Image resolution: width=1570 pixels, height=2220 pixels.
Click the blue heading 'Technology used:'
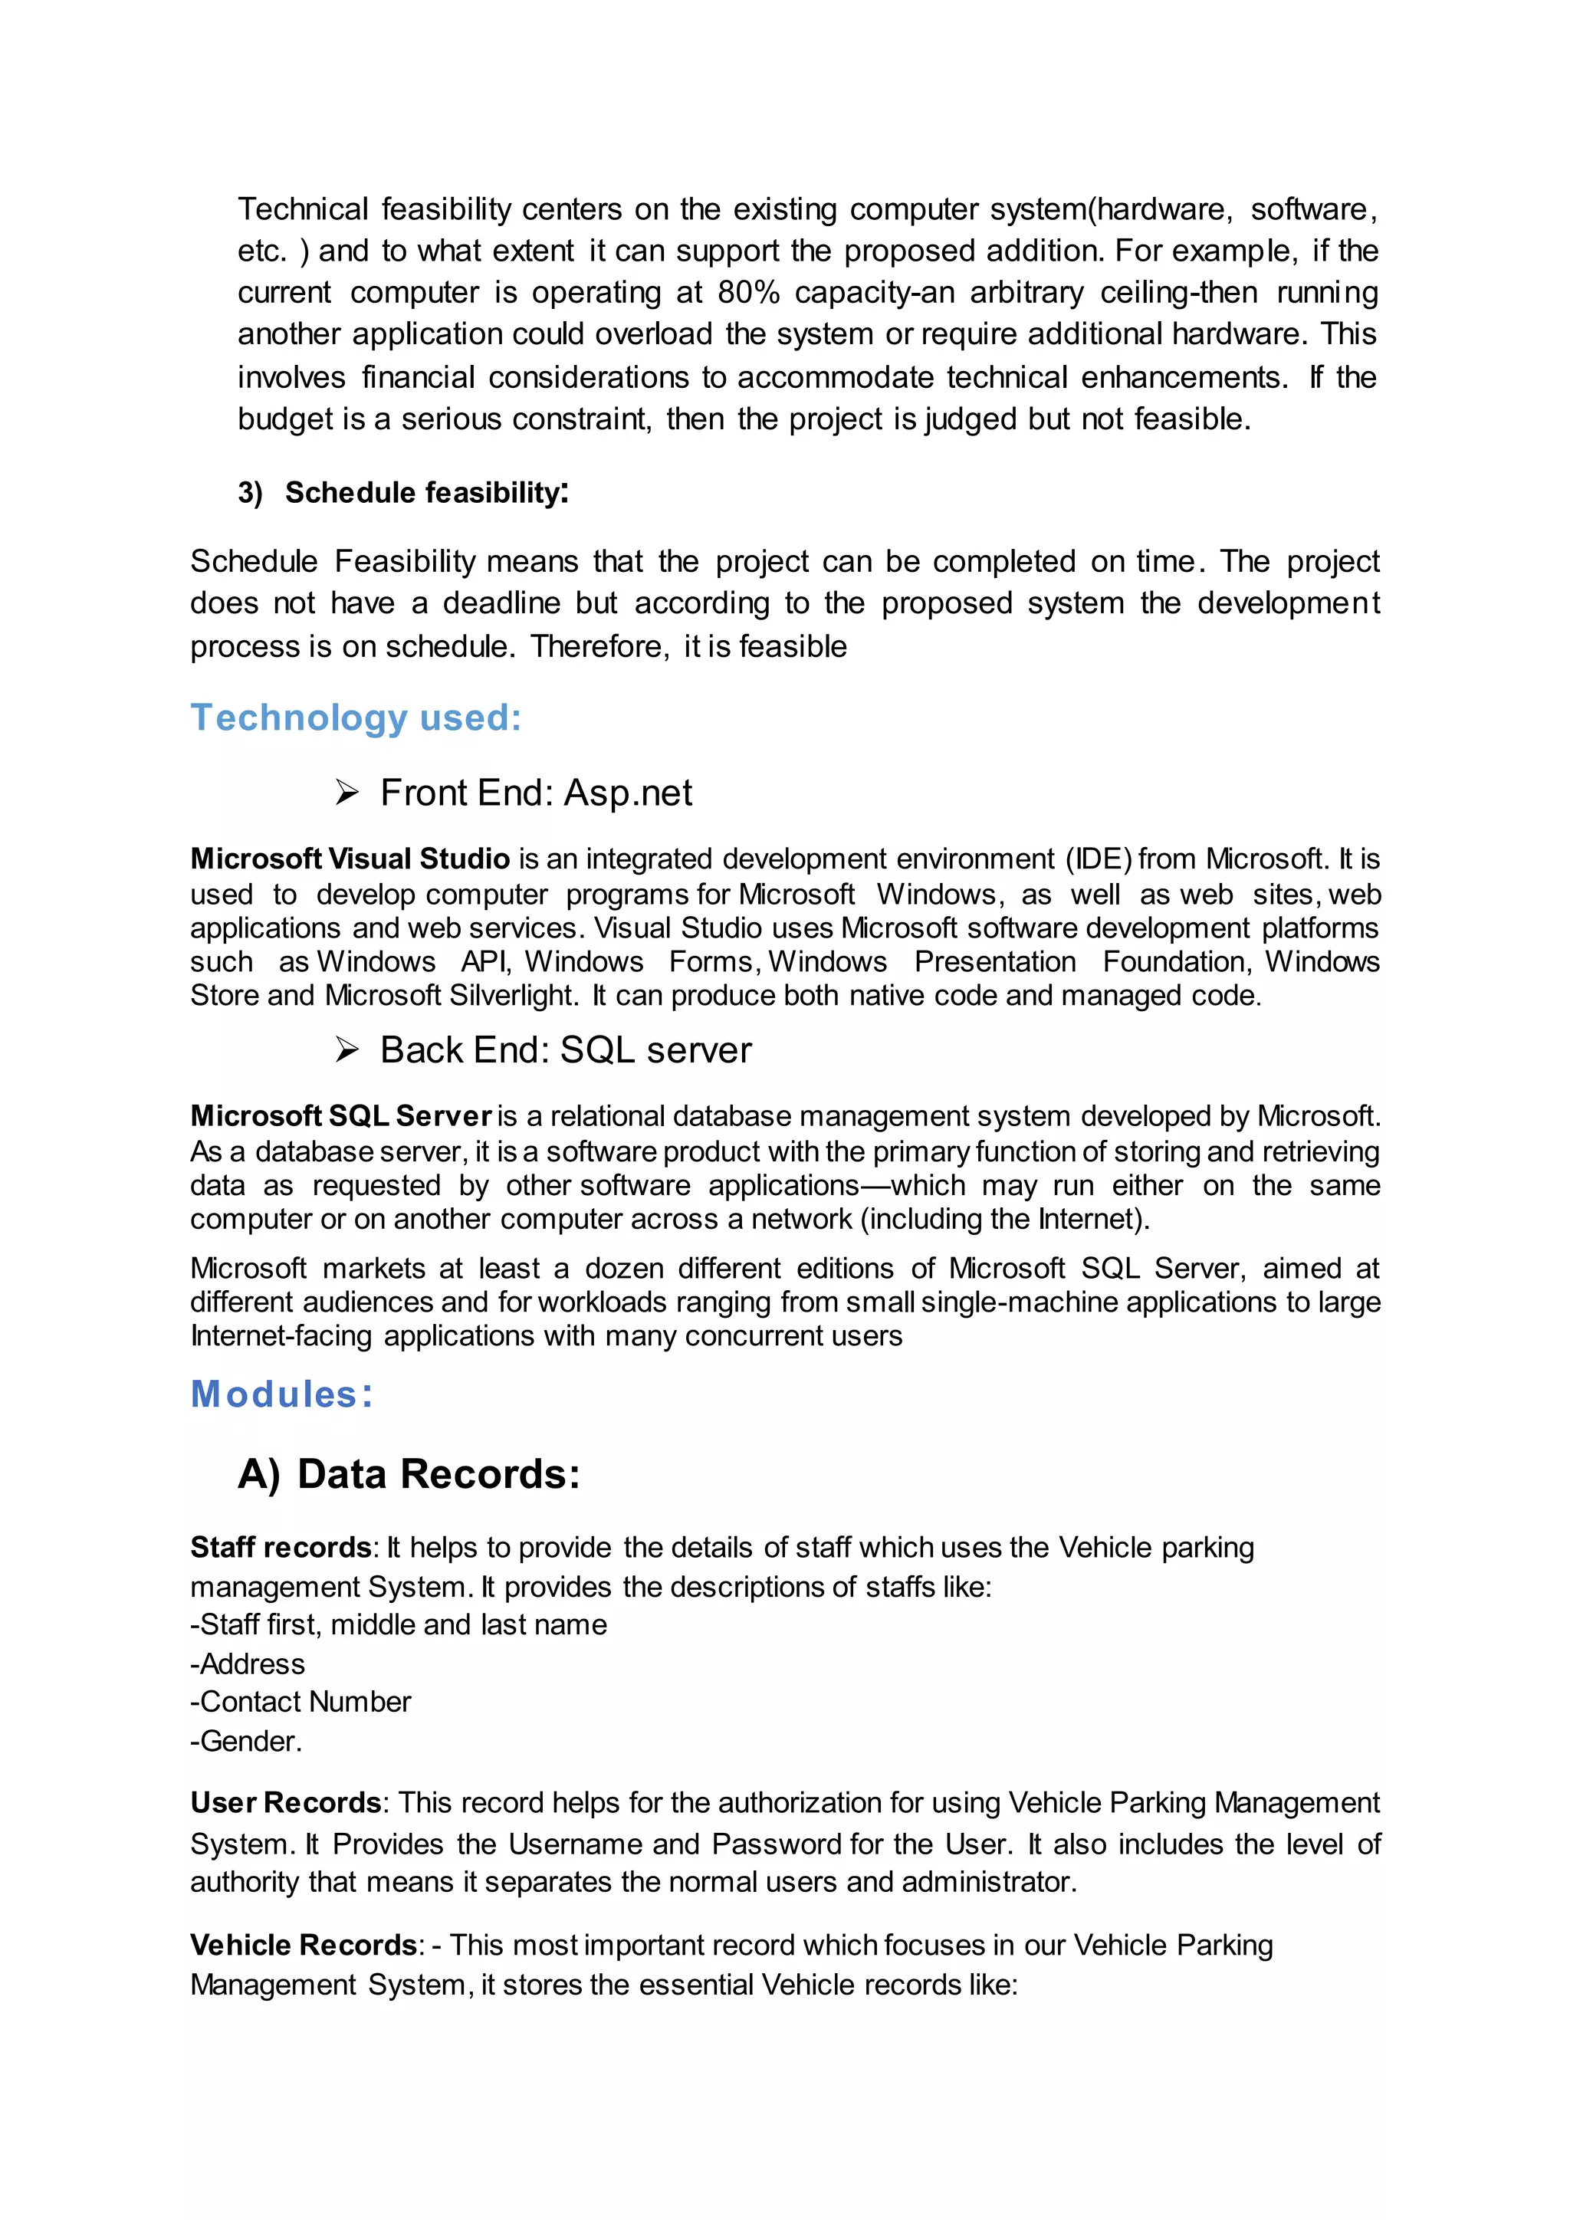tap(356, 718)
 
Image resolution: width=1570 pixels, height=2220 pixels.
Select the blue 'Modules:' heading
tap(281, 1394)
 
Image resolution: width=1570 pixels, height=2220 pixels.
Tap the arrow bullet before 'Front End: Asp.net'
tap(347, 793)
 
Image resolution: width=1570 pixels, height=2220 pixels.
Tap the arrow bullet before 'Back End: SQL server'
tap(347, 1050)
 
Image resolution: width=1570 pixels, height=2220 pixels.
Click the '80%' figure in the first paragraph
tap(747, 292)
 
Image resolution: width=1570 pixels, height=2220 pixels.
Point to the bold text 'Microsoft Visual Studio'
tap(350, 859)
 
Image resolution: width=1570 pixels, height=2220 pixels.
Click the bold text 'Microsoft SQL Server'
tap(341, 1116)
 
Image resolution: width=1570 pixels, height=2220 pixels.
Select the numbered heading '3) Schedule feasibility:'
tap(403, 493)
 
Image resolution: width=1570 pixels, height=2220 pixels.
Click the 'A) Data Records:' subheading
tap(409, 1475)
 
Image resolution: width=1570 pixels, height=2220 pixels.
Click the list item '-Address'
tap(248, 1664)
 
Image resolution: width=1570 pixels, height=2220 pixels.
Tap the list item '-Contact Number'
tap(301, 1702)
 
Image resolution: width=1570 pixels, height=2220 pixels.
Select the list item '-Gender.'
tap(247, 1742)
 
